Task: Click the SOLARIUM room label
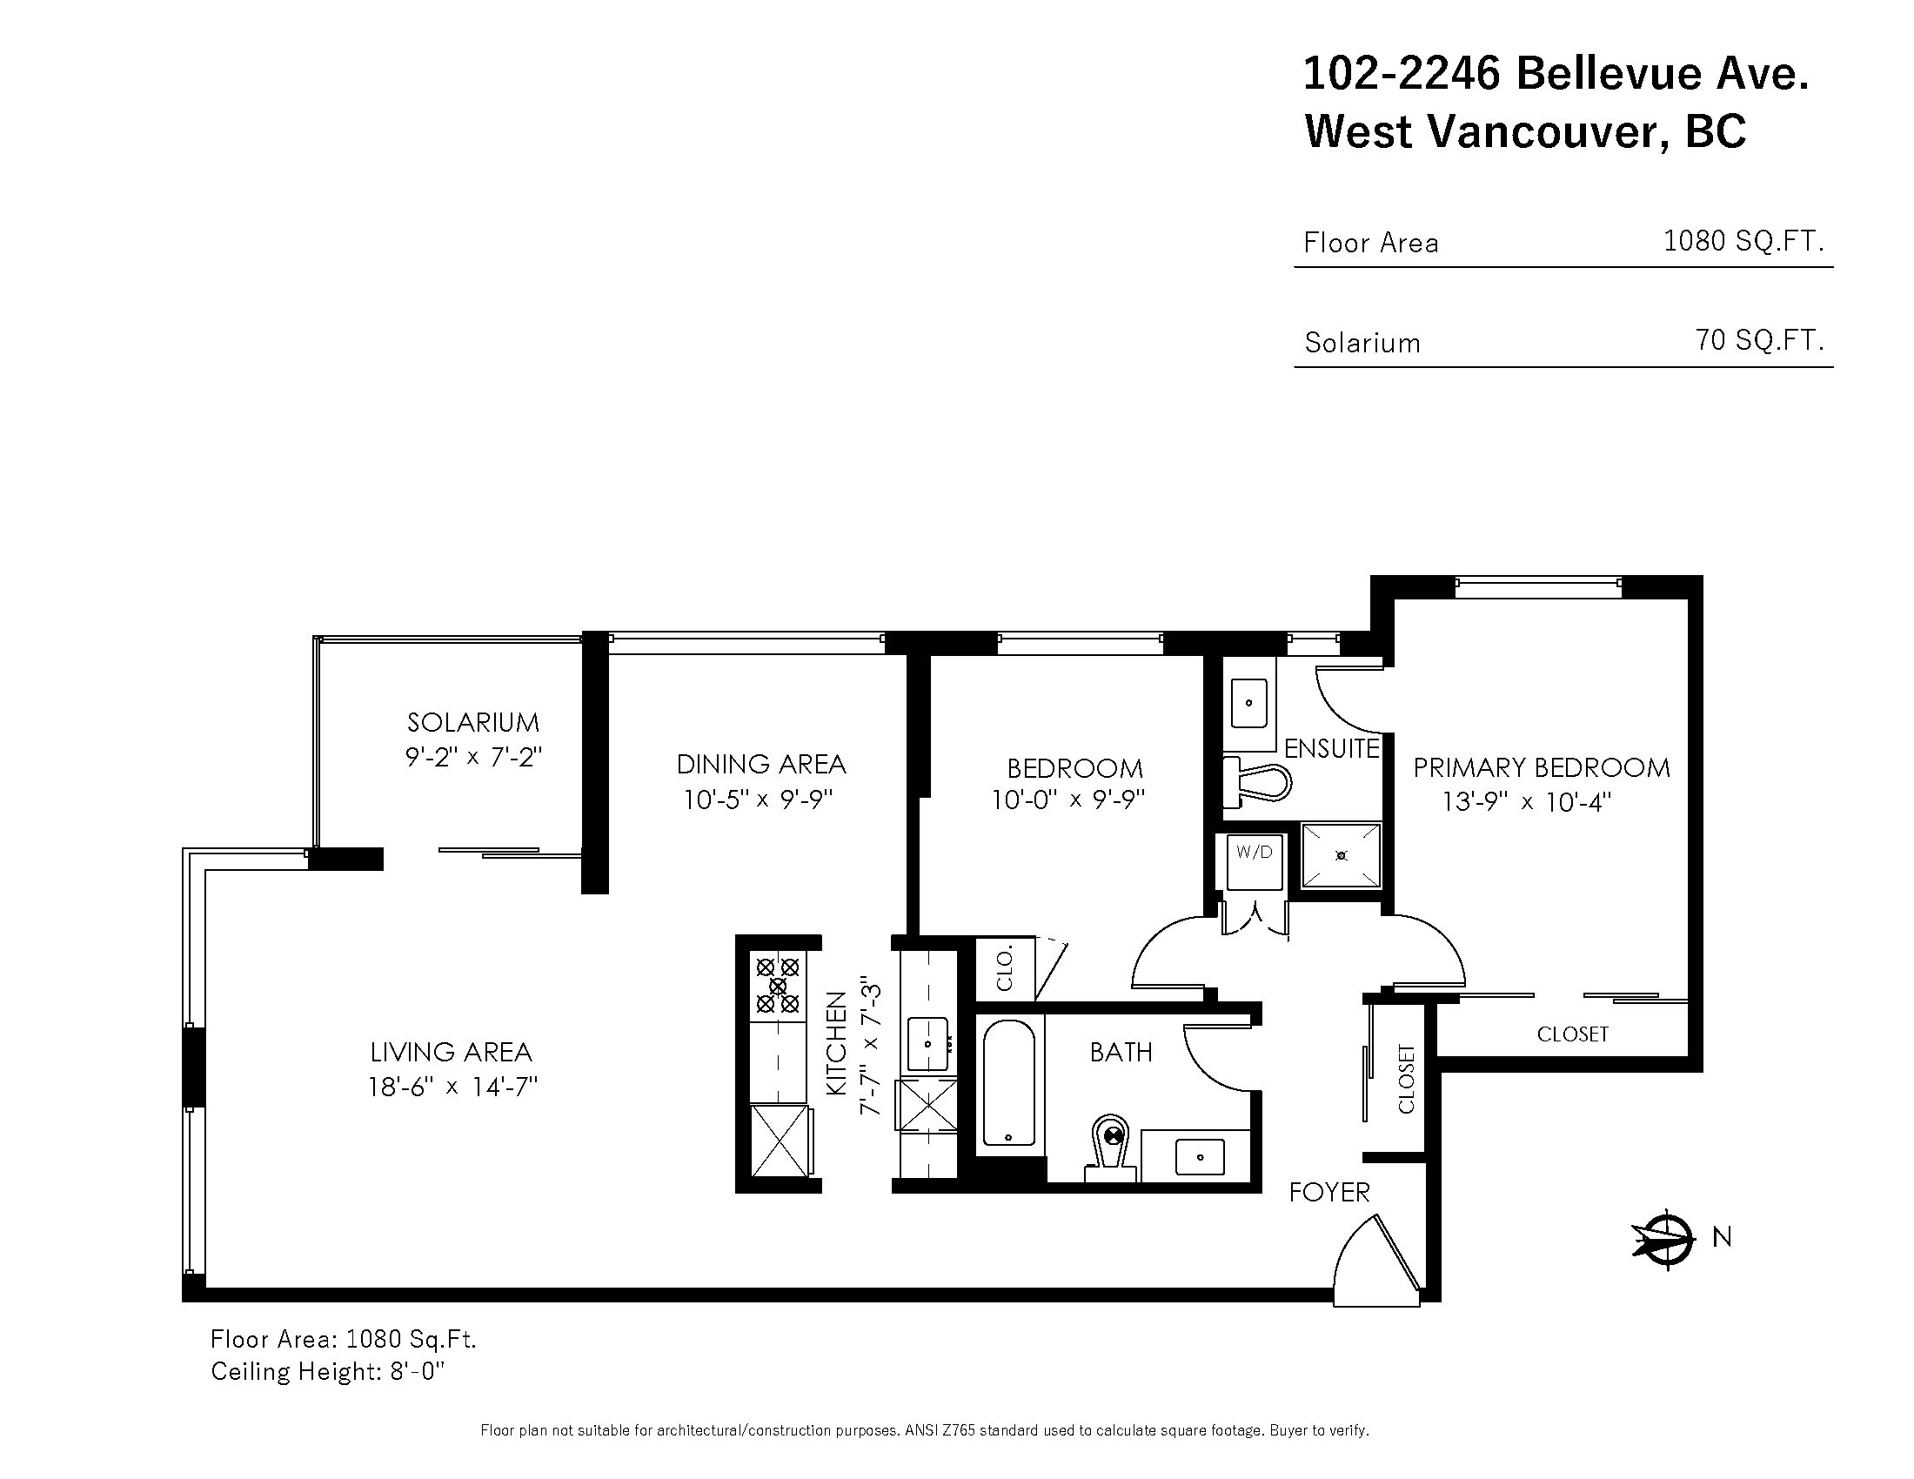point(473,722)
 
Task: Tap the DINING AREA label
point(760,764)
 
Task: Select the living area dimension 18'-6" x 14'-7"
point(452,1087)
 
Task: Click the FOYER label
point(1328,1192)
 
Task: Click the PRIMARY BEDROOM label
point(1542,767)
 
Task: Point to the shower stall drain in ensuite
point(1342,855)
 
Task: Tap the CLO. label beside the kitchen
point(1005,968)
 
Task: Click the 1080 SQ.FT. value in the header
point(1743,240)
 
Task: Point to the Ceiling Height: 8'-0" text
point(328,1371)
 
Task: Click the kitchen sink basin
point(927,1043)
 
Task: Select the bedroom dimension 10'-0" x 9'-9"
point(1069,800)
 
